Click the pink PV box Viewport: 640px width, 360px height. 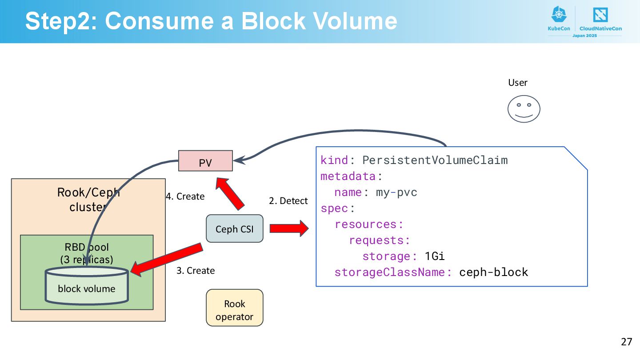(205, 161)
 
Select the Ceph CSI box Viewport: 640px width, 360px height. (235, 228)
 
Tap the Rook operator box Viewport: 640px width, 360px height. (235, 308)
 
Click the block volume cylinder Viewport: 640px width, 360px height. (87, 286)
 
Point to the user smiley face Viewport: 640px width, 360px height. (524, 109)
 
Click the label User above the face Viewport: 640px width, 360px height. (518, 83)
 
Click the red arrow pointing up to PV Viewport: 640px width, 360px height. (230, 193)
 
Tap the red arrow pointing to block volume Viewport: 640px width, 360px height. (167, 260)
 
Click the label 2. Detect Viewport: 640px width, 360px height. (288, 201)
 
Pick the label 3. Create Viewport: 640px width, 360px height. (196, 271)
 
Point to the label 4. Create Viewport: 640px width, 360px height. (185, 196)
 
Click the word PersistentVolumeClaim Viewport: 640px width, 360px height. (435, 160)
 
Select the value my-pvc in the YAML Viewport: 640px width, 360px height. (396, 192)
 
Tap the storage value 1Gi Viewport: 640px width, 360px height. (435, 256)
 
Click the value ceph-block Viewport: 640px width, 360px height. (494, 272)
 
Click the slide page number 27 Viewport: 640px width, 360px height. (627, 342)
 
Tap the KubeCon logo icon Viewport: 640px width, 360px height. (559, 14)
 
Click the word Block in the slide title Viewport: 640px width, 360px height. (273, 21)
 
